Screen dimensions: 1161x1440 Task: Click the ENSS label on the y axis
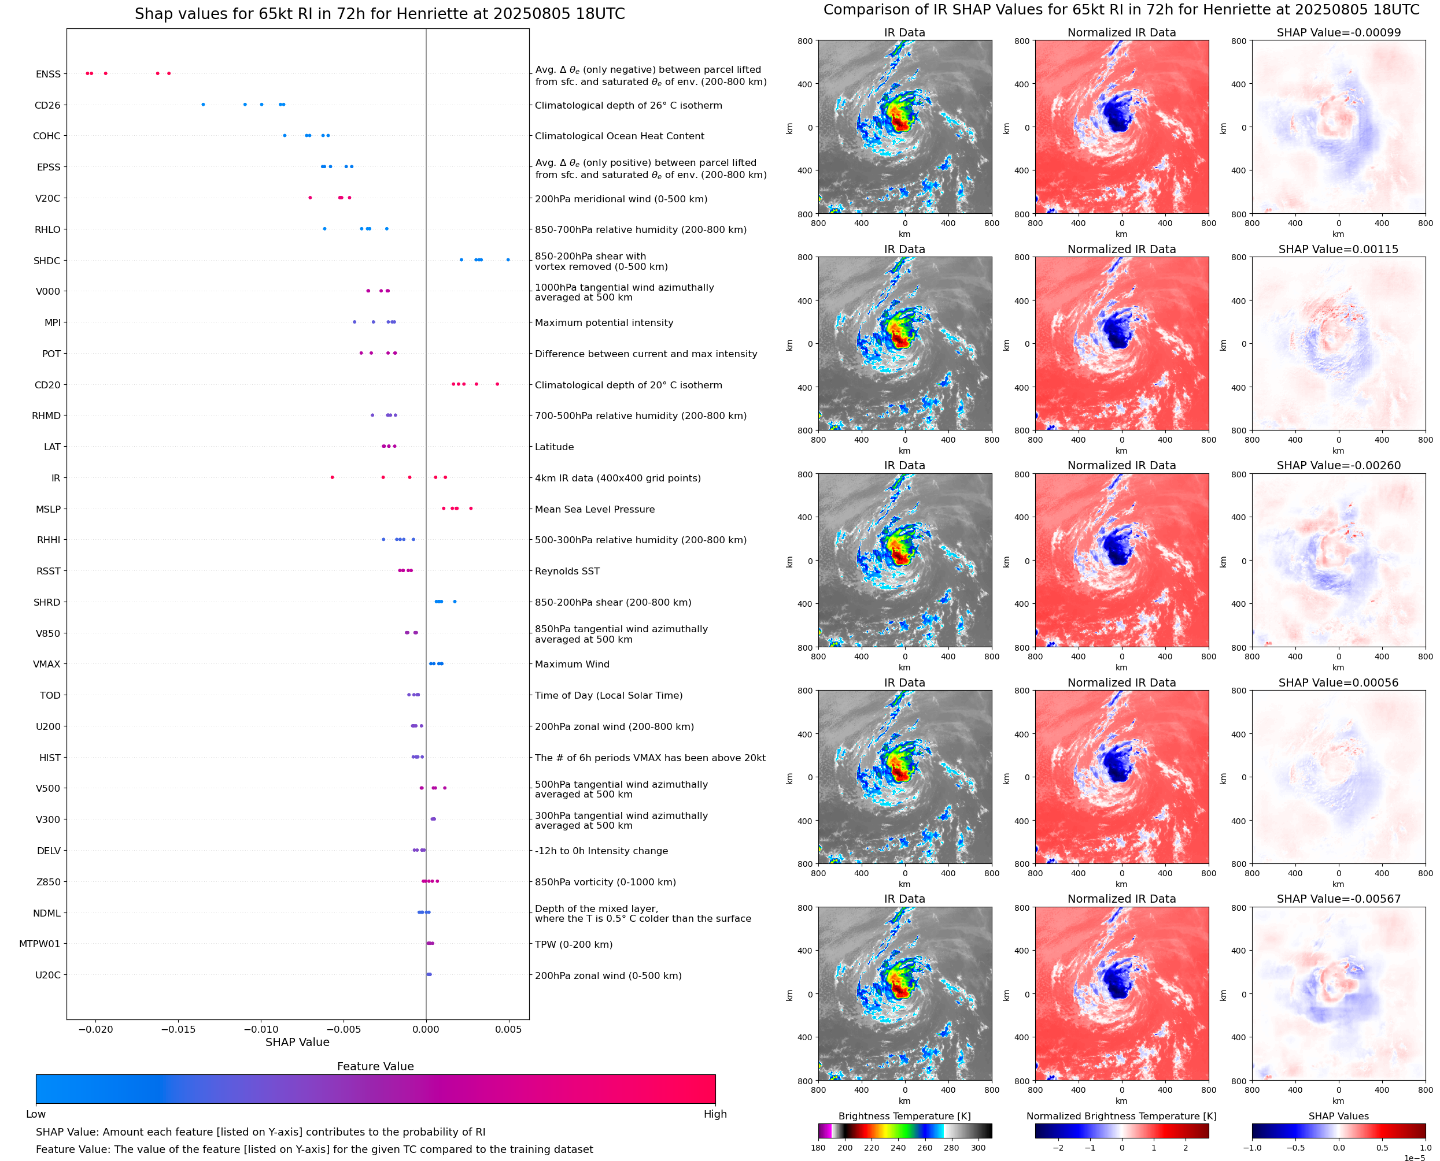pyautogui.click(x=47, y=74)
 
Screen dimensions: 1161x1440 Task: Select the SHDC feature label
pyautogui.click(x=47, y=261)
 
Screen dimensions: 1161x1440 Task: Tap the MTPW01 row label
pyautogui.click(x=39, y=944)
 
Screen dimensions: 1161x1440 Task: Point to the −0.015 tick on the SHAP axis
pyautogui.click(x=178, y=1029)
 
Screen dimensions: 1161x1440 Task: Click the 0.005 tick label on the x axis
pyautogui.click(x=508, y=1029)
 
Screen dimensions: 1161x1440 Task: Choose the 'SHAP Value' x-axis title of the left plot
pyautogui.click(x=297, y=1042)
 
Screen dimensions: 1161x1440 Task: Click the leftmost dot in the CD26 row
pyautogui.click(x=204, y=105)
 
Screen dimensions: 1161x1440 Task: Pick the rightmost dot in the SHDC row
pyautogui.click(x=508, y=259)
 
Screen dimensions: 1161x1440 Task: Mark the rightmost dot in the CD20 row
pyautogui.click(x=497, y=384)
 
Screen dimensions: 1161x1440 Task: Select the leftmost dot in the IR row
pyautogui.click(x=333, y=477)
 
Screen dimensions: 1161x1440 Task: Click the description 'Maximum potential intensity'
pyautogui.click(x=604, y=322)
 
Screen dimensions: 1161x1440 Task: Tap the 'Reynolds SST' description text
pyautogui.click(x=567, y=571)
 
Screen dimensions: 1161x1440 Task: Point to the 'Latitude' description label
pyautogui.click(x=554, y=447)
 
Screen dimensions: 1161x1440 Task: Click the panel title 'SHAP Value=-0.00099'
pyautogui.click(x=1338, y=33)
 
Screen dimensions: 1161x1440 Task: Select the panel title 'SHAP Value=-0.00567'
pyautogui.click(x=1338, y=899)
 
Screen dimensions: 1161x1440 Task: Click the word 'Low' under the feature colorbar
pyautogui.click(x=35, y=1114)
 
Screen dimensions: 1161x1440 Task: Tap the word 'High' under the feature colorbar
pyautogui.click(x=715, y=1114)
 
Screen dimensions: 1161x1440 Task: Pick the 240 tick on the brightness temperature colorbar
pyautogui.click(x=898, y=1148)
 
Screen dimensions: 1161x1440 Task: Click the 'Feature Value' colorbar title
pyautogui.click(x=375, y=1067)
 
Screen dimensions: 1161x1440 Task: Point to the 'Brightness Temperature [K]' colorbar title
pyautogui.click(x=904, y=1116)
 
